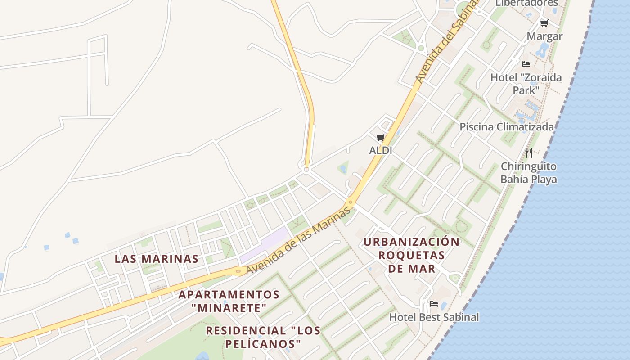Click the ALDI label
click(380, 151)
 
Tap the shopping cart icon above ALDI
click(380, 137)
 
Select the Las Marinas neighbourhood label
click(156, 259)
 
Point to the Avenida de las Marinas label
click(298, 242)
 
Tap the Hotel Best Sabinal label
click(434, 317)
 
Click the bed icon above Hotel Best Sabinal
click(434, 304)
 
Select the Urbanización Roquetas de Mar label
click(411, 255)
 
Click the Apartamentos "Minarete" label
click(229, 301)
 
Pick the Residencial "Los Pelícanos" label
click(263, 337)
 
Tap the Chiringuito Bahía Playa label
click(529, 173)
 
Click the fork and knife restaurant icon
click(529, 153)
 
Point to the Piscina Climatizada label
click(506, 127)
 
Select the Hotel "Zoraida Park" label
click(526, 84)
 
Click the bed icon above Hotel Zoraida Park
click(526, 64)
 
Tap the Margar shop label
click(544, 36)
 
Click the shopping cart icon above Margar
click(544, 23)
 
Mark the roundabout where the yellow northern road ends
click(307, 170)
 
